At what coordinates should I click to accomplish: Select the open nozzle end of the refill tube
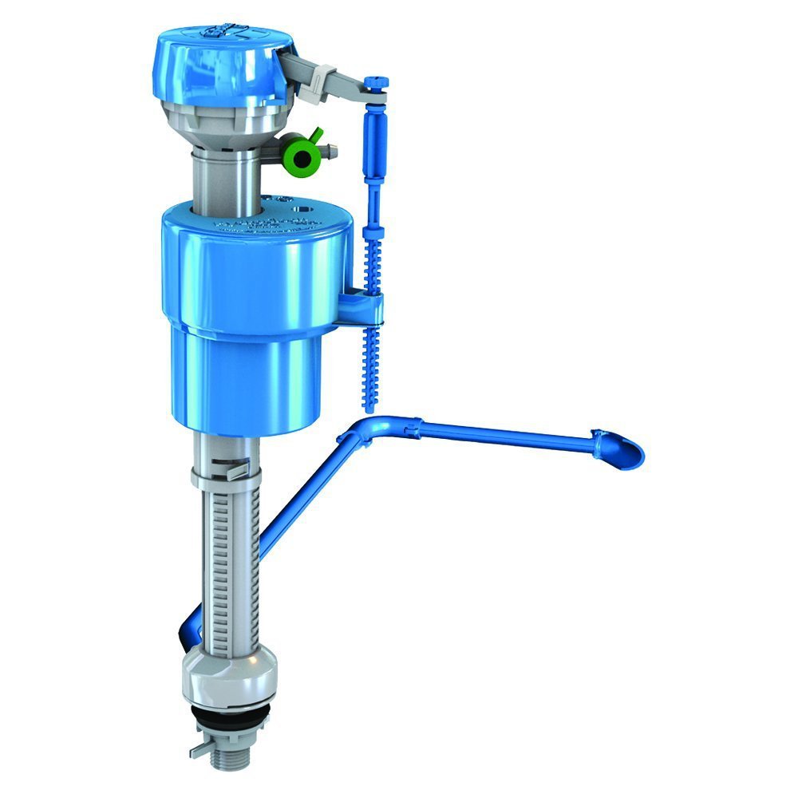(628, 453)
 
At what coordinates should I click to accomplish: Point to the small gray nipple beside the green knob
(331, 151)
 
